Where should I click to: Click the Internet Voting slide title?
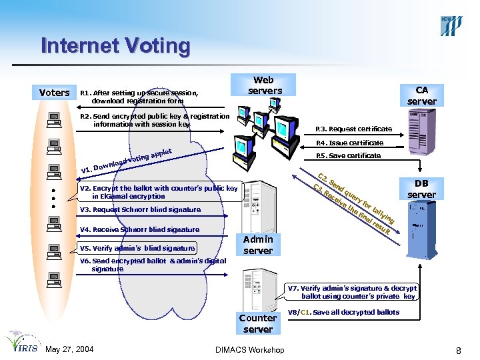(x=115, y=46)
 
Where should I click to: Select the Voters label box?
(x=55, y=93)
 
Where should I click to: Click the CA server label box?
(x=421, y=95)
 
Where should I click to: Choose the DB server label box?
(x=421, y=189)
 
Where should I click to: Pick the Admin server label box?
(x=258, y=245)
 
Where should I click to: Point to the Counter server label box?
(x=258, y=323)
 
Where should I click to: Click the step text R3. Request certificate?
(x=353, y=129)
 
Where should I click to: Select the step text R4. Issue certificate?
(x=349, y=143)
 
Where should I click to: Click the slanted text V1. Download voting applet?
(x=127, y=159)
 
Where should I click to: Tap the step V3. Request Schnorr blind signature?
(x=140, y=209)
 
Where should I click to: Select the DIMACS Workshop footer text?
(x=251, y=350)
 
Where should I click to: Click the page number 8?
(x=459, y=350)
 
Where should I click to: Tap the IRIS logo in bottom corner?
(x=21, y=342)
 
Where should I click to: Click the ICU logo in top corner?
(x=450, y=25)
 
